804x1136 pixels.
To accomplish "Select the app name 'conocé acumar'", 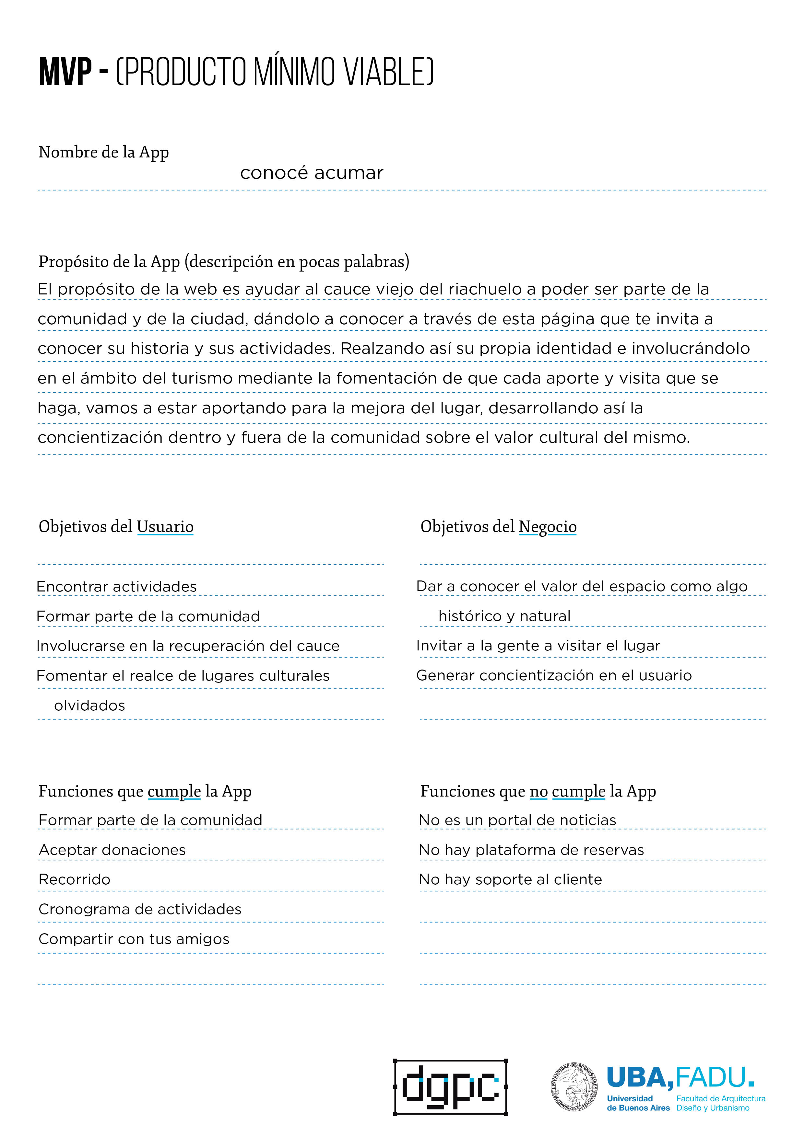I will [x=312, y=173].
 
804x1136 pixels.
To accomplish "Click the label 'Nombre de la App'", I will [x=103, y=152].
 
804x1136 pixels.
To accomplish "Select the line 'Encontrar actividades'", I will [x=116, y=587].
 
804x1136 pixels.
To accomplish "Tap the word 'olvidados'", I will [x=89, y=706].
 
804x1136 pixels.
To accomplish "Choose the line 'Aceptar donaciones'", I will [x=112, y=850].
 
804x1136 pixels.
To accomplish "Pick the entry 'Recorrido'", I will [x=75, y=880].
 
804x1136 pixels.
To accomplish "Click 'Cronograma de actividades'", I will [x=140, y=909].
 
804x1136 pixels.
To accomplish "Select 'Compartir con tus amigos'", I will [x=134, y=939].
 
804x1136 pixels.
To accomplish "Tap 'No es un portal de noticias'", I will [x=517, y=820].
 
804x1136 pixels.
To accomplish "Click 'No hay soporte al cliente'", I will [x=510, y=880].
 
